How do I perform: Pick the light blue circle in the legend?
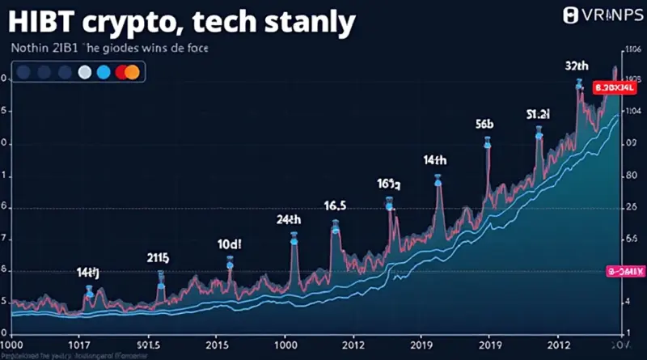(102, 73)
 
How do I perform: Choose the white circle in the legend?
(83, 73)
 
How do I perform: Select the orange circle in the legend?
(132, 73)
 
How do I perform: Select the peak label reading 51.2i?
(538, 114)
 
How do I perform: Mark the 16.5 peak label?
(335, 206)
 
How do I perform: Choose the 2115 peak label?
(158, 258)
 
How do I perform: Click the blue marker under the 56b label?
(488, 142)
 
